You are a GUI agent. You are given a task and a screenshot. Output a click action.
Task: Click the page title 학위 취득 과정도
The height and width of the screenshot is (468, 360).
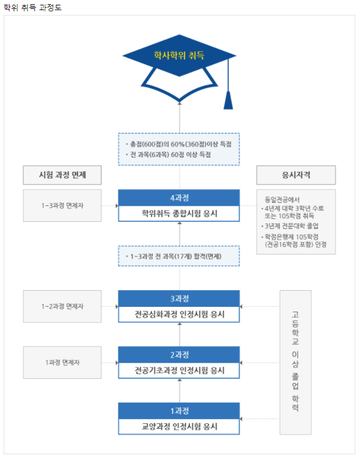tap(32, 8)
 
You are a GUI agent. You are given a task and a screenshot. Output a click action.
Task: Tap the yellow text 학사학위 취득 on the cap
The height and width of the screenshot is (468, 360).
tap(179, 55)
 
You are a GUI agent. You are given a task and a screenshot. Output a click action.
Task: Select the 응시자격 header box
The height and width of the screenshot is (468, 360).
tap(296, 175)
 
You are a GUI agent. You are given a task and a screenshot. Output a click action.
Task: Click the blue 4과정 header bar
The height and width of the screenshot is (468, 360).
tap(179, 197)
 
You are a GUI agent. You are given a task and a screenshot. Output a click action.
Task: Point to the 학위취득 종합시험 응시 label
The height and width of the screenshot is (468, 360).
tap(179, 212)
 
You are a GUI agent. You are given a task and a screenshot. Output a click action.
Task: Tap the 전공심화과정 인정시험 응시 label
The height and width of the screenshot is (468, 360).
tap(179, 313)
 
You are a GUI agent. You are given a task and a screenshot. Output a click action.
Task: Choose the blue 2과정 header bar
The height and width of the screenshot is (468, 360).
tap(179, 354)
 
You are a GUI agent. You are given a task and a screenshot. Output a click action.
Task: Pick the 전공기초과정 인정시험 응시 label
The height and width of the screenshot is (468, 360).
tap(179, 370)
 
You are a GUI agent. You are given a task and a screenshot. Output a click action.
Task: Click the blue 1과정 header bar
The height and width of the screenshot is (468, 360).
tap(179, 411)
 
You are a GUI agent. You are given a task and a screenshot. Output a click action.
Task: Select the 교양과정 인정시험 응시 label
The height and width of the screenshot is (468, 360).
tap(179, 426)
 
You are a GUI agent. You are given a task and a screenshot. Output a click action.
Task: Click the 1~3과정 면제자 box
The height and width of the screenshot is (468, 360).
tap(62, 205)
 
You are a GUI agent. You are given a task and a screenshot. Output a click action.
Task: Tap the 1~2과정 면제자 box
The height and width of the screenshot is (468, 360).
tap(62, 306)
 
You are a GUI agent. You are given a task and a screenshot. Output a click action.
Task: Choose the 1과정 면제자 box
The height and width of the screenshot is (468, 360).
tap(62, 362)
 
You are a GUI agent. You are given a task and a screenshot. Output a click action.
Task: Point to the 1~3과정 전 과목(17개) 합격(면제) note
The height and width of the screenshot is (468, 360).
tap(179, 256)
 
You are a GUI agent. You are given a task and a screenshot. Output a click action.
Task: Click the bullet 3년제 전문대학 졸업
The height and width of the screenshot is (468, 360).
tap(293, 226)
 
